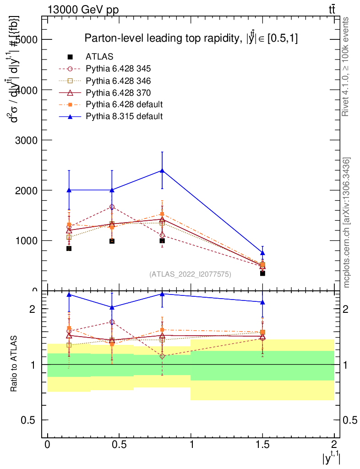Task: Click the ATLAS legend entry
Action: pos(99,57)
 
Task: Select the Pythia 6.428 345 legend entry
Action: pos(118,69)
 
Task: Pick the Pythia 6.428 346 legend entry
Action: pos(118,81)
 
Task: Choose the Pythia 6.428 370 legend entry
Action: pos(118,93)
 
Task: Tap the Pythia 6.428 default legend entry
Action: pos(124,104)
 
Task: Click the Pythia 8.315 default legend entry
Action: pos(124,116)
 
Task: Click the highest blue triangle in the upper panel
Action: pos(162,170)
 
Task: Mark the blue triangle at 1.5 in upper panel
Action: pos(262,253)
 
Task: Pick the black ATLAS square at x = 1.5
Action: pos(262,273)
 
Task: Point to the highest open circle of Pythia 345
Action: pos(112,207)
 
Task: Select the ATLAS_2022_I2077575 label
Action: pos(190,274)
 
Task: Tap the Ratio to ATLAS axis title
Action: pos(14,364)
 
